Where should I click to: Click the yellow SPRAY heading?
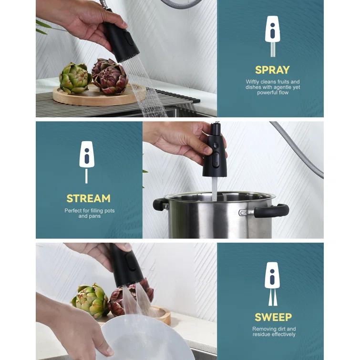tap(272, 70)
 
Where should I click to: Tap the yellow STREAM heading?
tap(88, 198)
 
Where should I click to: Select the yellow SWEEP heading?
tap(273, 317)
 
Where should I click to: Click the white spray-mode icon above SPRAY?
tap(272, 36)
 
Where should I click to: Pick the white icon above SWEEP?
tap(272, 283)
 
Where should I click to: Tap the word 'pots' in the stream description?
tap(108, 210)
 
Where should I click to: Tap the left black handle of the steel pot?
tap(160, 204)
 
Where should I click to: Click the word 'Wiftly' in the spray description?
tap(253, 82)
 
